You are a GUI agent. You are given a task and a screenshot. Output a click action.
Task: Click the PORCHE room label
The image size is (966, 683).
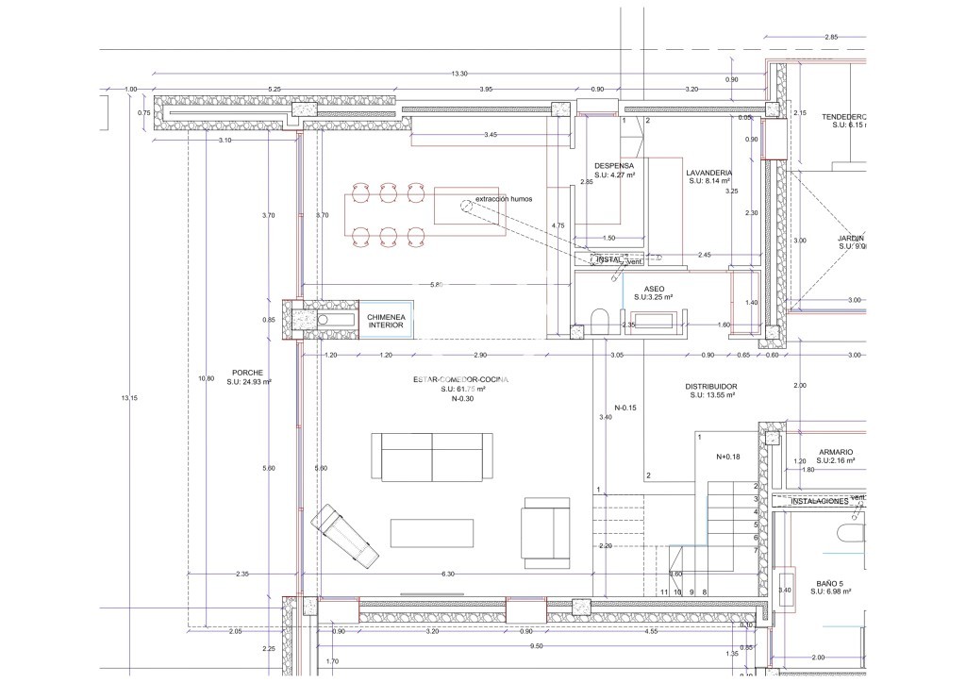point(246,373)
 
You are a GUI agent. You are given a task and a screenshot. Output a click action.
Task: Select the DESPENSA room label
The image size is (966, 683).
point(613,164)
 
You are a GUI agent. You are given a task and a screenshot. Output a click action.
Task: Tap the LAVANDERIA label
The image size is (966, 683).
point(709,173)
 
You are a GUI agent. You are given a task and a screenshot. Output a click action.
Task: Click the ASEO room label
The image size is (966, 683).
point(654,290)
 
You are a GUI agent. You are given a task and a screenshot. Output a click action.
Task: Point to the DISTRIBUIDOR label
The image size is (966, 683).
point(710,387)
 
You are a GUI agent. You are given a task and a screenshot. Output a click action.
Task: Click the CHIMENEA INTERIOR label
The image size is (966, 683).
point(386,321)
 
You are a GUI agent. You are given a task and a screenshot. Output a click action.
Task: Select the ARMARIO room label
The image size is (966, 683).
point(835,452)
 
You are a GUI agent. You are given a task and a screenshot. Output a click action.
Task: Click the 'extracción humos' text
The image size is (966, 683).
point(504,200)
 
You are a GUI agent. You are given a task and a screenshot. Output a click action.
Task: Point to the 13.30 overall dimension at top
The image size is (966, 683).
point(459,74)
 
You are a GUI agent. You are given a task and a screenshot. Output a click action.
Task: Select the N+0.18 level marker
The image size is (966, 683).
point(729,457)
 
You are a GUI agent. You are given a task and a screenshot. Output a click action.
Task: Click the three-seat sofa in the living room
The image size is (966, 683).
point(431,457)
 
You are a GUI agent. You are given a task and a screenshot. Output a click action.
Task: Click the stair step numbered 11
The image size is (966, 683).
point(664,591)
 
